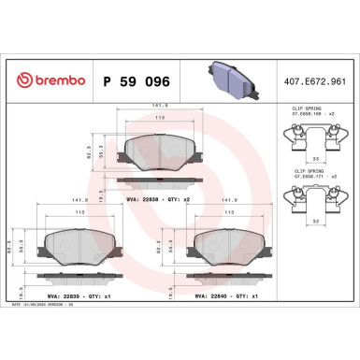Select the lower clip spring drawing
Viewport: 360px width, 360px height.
(x=312, y=195)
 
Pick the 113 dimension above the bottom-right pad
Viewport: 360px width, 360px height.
(x=227, y=213)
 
